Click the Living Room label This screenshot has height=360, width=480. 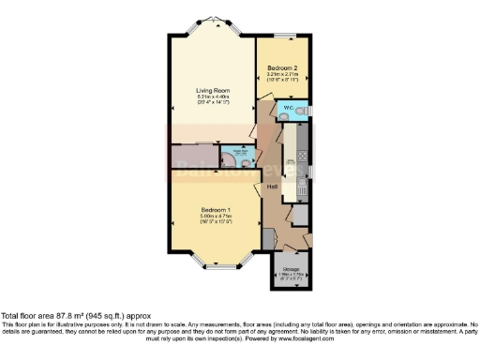212,90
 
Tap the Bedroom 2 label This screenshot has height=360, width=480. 282,68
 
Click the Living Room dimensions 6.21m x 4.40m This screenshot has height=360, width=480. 212,97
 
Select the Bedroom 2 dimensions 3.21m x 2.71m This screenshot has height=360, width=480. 282,75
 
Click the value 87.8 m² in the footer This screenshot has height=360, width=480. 71,317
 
